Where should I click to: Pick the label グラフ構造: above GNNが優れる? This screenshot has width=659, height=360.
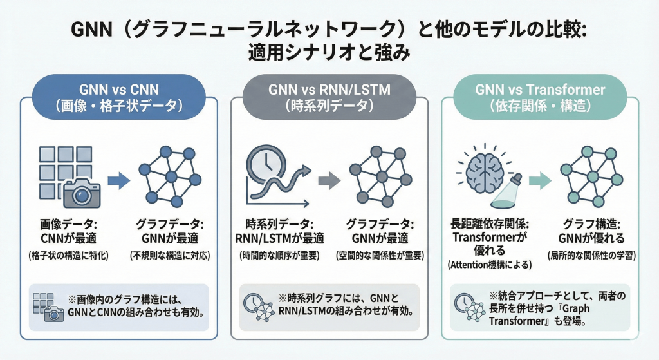[590, 225]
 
